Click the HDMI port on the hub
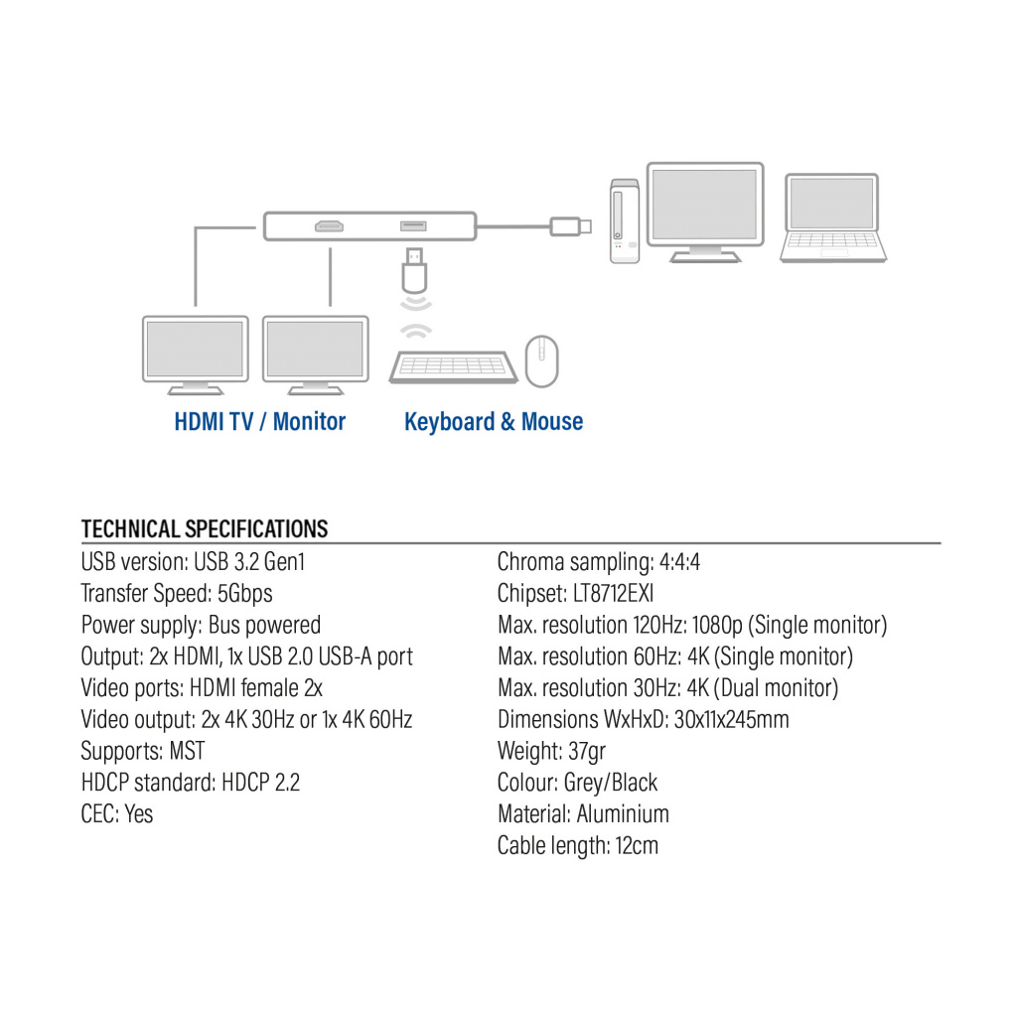coord(329,227)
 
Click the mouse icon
coord(541,361)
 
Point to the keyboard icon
coord(452,366)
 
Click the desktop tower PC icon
coord(624,220)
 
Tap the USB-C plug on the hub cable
coord(571,226)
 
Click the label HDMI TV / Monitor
coord(260,421)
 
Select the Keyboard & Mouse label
coord(494,421)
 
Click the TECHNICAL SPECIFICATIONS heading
coord(205,528)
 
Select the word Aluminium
coord(623,814)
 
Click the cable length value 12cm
coord(637,846)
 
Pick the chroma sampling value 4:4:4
coord(679,562)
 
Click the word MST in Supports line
coord(187,751)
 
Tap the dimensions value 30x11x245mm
coord(731,719)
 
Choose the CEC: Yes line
coord(117,814)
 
